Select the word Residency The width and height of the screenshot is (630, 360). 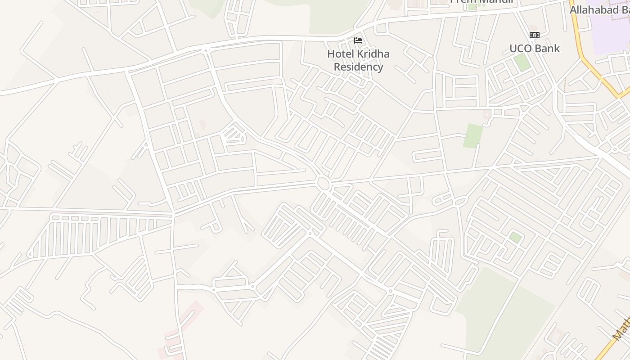[358, 67]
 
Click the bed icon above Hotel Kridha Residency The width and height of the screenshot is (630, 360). [358, 40]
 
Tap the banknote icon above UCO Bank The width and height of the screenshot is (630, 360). [534, 35]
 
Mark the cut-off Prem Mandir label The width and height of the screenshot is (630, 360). [481, 1]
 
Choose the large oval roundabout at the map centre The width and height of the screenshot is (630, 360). [323, 183]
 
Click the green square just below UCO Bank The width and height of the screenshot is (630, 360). [522, 62]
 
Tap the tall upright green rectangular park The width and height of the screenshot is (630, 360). [473, 136]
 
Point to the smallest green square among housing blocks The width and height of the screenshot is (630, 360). [515, 237]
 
